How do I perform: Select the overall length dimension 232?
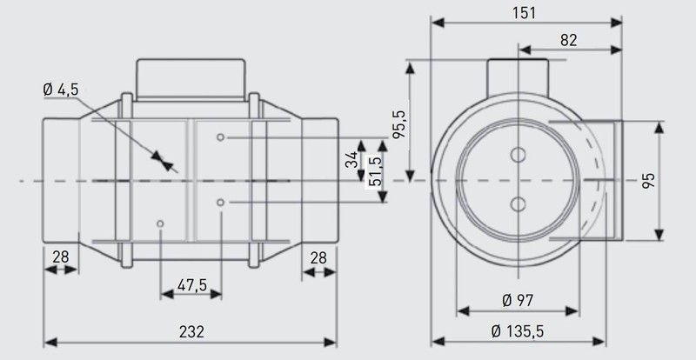pos(191,331)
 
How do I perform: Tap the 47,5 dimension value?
pos(191,285)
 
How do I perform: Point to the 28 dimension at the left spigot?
pos(60,257)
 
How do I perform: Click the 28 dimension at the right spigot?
pos(319,257)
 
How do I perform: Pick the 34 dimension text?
pos(350,161)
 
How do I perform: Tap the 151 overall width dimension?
pos(527,13)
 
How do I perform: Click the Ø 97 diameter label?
pos(518,300)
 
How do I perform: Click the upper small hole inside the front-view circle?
pos(519,156)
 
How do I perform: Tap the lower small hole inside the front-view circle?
pos(519,204)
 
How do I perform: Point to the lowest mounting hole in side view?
pos(161,224)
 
